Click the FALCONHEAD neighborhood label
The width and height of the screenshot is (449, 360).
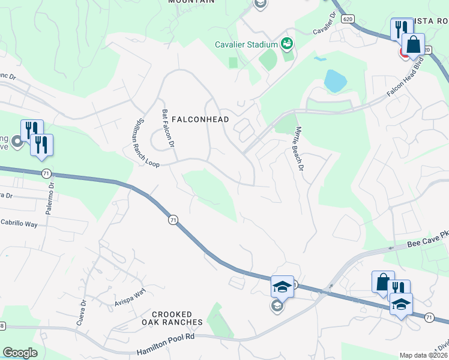[200, 119]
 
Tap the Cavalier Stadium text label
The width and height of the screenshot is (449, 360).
[247, 44]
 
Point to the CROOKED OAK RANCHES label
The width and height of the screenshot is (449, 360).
[172, 318]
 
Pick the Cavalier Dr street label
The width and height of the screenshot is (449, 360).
[324, 25]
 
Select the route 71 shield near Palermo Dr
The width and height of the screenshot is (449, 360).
[46, 173]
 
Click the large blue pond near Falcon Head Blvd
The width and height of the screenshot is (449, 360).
[335, 80]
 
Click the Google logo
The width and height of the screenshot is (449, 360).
[20, 353]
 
